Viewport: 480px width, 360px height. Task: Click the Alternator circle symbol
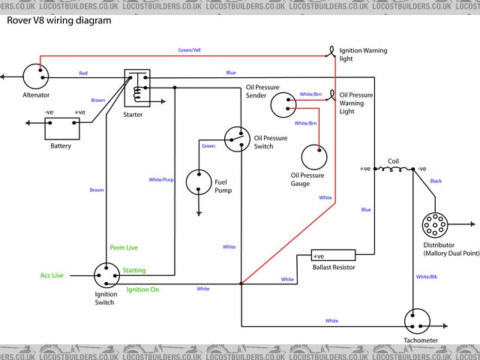click(x=34, y=76)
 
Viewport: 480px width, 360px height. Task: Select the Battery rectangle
click(x=61, y=128)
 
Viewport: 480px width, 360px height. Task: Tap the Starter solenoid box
click(x=136, y=89)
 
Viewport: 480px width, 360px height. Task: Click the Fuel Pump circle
click(x=199, y=181)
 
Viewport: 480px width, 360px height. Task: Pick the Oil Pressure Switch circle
click(x=237, y=138)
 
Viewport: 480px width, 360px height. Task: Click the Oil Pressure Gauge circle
click(x=314, y=157)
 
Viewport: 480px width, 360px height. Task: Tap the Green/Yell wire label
click(x=189, y=50)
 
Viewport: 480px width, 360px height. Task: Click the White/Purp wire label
click(x=161, y=180)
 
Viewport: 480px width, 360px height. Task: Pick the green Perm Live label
click(x=124, y=247)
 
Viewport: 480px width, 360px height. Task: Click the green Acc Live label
click(x=52, y=275)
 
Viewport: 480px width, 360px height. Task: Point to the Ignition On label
click(x=142, y=289)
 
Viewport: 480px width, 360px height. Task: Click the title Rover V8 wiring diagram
click(x=59, y=20)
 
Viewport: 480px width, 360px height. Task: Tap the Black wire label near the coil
click(x=436, y=181)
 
